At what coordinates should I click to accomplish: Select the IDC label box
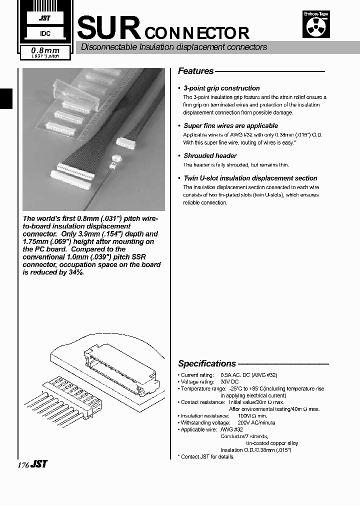44,33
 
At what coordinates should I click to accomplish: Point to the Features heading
195,71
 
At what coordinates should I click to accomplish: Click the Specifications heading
207,363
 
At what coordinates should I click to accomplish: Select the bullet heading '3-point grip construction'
221,88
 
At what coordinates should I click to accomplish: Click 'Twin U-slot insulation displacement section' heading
250,178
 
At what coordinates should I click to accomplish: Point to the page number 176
23,465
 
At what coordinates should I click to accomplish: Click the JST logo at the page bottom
39,464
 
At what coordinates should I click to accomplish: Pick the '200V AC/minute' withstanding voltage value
256,422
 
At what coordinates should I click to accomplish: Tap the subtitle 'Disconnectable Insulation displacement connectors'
174,47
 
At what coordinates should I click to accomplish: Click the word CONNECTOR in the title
197,33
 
